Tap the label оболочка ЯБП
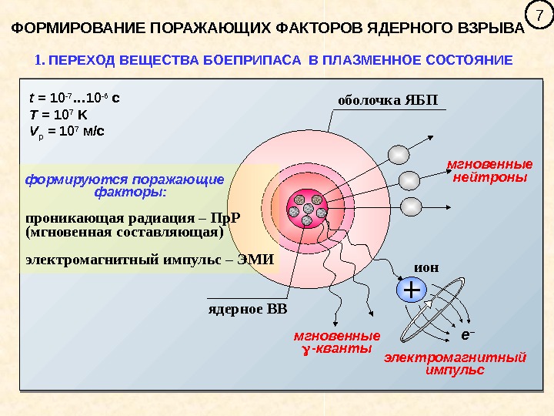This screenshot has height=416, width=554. click(x=391, y=100)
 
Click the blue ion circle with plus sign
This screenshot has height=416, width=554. click(x=412, y=290)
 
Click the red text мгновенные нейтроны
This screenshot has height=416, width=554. click(x=490, y=171)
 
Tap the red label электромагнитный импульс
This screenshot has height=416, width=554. click(x=456, y=364)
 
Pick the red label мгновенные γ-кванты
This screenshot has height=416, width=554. click(x=337, y=343)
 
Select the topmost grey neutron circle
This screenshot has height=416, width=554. click(x=399, y=155)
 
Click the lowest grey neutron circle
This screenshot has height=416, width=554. click(x=412, y=206)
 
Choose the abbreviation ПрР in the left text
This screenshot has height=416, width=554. click(x=225, y=216)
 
